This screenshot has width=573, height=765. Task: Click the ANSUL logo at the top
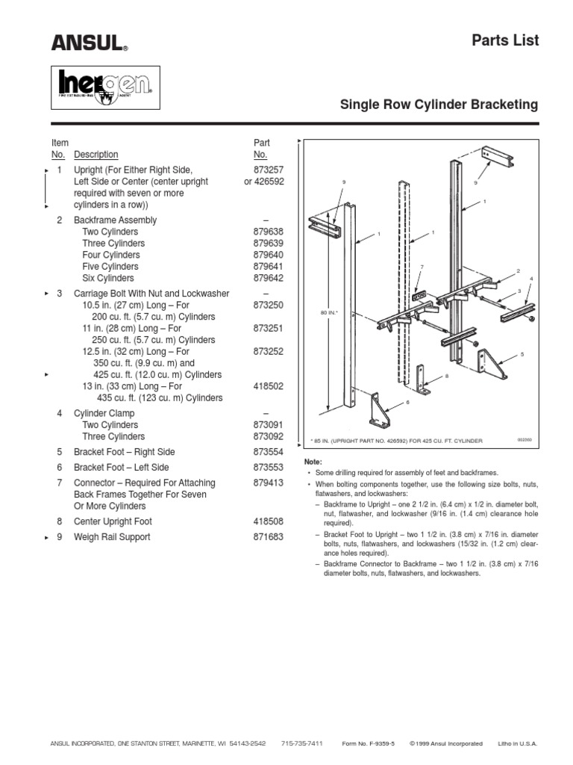[x=89, y=43]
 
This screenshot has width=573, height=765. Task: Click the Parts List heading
[x=504, y=40]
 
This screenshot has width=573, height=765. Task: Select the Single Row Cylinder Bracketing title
[x=439, y=105]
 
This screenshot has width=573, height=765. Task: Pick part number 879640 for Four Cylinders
[x=269, y=255]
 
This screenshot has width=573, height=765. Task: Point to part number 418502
[x=269, y=386]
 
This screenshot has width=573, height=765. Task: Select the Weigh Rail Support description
[x=112, y=537]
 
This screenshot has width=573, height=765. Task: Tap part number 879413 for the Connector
[x=269, y=483]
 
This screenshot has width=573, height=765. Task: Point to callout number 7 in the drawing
[x=422, y=267]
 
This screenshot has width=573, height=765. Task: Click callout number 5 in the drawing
[x=522, y=353]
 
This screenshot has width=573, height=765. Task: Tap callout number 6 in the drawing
[x=408, y=403]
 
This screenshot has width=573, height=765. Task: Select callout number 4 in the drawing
[x=531, y=279]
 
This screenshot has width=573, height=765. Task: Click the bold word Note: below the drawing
[x=313, y=463]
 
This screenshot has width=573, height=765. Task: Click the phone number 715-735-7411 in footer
[x=302, y=743]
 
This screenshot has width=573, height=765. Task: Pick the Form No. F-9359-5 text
[x=368, y=743]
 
